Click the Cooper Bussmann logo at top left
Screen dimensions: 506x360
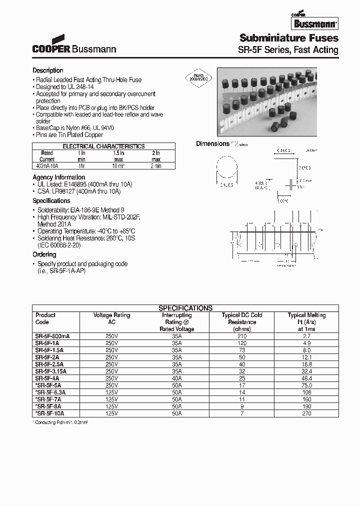pyautogui.click(x=74, y=45)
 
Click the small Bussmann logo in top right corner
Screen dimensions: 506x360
pyautogui.click(x=314, y=21)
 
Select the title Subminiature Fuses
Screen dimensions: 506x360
pyautogui.click(x=288, y=38)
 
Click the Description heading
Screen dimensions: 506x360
pyautogui.click(x=48, y=70)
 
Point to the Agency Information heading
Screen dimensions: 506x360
pyautogui.click(x=58, y=177)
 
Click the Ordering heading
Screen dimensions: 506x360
pyautogui.click(x=44, y=254)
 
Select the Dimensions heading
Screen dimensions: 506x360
pyautogui.click(x=212, y=144)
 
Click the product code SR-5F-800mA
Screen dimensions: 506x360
pyautogui.click(x=52, y=336)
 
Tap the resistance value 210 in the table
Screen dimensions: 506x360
pyautogui.click(x=242, y=336)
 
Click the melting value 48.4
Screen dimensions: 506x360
pyautogui.click(x=306, y=378)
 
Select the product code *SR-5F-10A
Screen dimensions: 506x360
pyautogui.click(x=50, y=413)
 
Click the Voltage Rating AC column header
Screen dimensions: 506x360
pyautogui.click(x=111, y=318)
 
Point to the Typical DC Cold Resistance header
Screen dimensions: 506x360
pyautogui.click(x=242, y=322)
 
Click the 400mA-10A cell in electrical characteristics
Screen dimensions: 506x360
pyautogui.click(x=47, y=165)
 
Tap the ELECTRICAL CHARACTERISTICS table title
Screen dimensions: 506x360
pyautogui.click(x=103, y=146)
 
